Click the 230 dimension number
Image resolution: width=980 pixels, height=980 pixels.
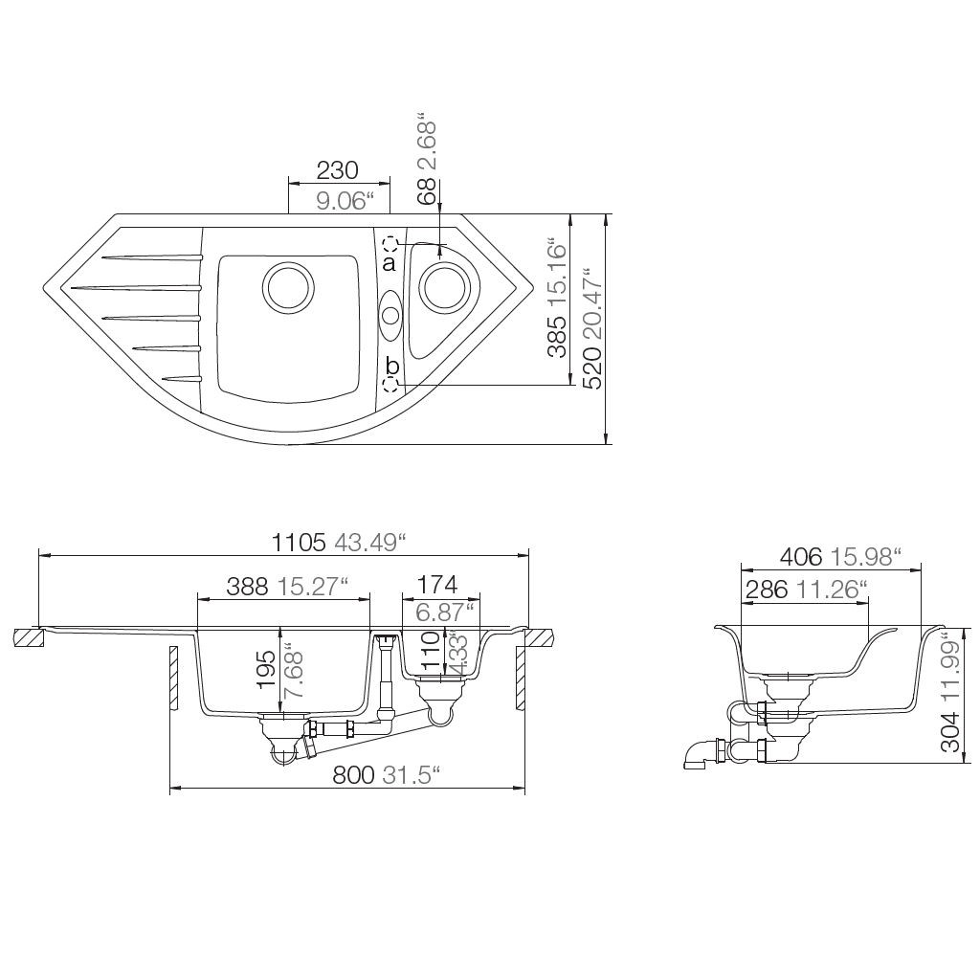[337, 170]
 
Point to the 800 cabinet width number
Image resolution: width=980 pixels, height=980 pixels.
[353, 776]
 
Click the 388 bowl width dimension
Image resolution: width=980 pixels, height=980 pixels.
[248, 588]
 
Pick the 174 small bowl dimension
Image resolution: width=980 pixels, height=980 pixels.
[436, 585]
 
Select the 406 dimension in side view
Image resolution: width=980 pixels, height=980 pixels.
[801, 556]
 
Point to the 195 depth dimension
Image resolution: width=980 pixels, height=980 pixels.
[268, 671]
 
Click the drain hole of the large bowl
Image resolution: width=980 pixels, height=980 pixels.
[286, 286]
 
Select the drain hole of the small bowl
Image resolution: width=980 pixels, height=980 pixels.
[444, 286]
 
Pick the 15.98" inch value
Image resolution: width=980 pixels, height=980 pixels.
[866, 556]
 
